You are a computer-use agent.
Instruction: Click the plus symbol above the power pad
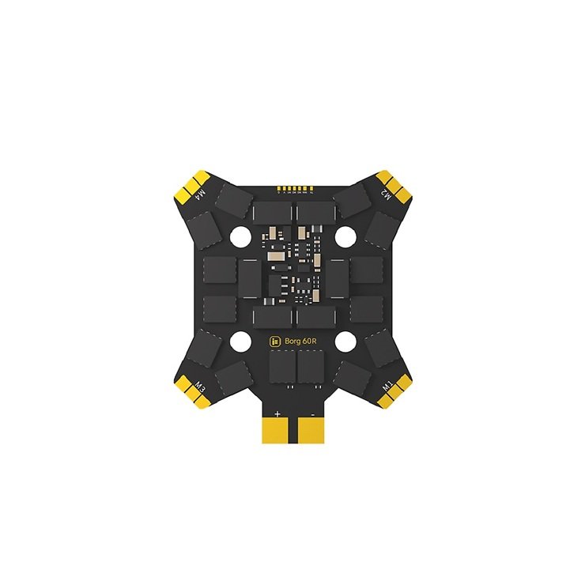click(x=277, y=413)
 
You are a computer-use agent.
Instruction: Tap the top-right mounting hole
click(x=345, y=236)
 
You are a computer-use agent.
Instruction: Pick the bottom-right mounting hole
click(x=345, y=342)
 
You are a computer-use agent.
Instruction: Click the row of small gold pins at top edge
click(x=292, y=190)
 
